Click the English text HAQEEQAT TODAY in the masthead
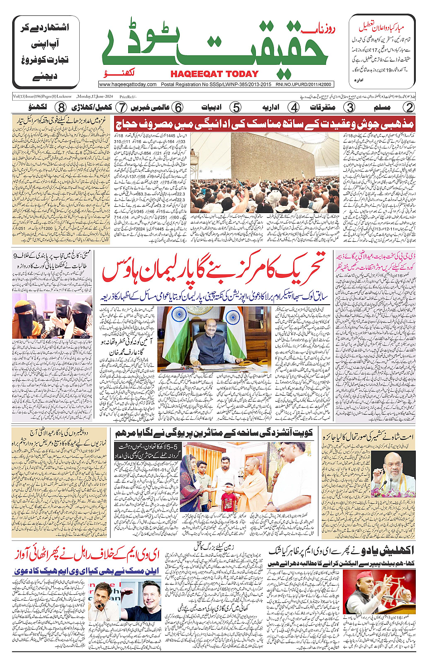214,74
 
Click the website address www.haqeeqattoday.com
128,84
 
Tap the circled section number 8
61,107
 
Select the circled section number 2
409,107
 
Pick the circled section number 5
236,107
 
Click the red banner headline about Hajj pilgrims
264,123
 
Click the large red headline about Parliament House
213,271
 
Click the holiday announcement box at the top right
381,51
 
